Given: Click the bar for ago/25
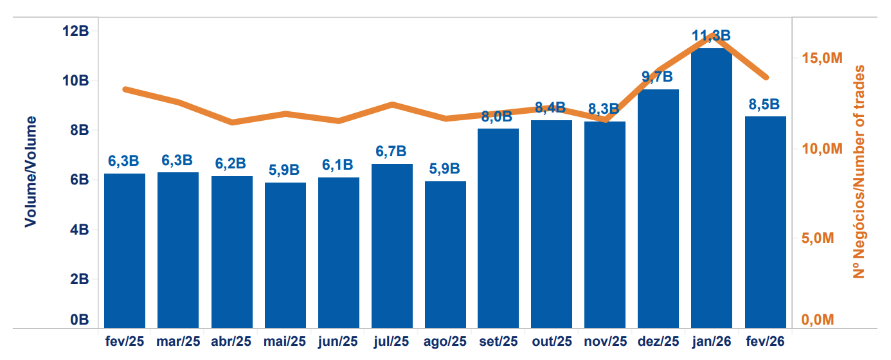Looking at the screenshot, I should coord(445,255).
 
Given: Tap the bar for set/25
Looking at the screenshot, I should coord(498,228).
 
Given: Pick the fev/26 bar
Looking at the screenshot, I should coord(765,222).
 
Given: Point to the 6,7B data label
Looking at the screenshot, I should coord(392,152).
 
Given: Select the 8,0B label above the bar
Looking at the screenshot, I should coord(497,117).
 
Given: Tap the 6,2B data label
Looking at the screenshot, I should coord(231,164).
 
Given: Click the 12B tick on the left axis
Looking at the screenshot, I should coord(76,31).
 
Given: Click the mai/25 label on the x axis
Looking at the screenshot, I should coord(285,341).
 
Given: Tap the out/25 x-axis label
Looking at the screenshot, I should coord(552,341).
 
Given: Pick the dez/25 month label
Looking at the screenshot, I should coord(658,341).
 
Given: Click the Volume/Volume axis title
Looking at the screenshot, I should coord(30,171).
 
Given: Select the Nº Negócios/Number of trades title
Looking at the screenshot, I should coord(859,172).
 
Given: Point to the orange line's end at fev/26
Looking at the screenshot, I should coord(766,77).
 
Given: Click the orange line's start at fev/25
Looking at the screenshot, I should coord(125,89).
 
